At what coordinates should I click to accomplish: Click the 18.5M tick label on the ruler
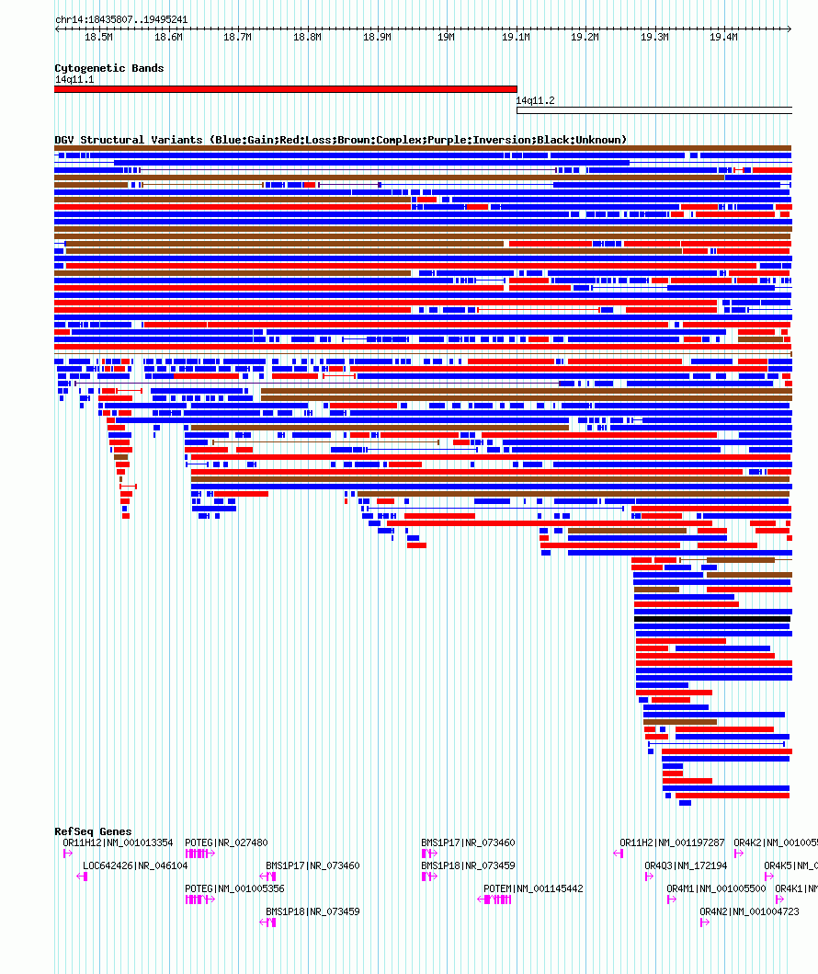(98, 38)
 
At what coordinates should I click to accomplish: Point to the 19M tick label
(446, 38)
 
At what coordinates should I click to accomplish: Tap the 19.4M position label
(723, 38)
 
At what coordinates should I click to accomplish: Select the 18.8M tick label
(307, 38)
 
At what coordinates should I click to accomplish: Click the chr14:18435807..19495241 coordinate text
(121, 19)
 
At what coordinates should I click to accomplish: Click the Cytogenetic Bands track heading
(108, 68)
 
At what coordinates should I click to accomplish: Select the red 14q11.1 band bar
(285, 89)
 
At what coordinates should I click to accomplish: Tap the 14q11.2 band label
(535, 100)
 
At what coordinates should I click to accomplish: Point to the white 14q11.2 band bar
(653, 110)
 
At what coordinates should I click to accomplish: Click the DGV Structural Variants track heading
(340, 140)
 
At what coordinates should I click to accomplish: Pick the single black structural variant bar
(712, 619)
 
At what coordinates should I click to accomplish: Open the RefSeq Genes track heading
(93, 831)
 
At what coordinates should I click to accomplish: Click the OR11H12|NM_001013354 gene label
(118, 842)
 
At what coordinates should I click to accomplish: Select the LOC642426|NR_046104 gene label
(135, 865)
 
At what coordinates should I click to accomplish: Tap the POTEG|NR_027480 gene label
(226, 842)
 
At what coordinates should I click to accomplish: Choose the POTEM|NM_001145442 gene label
(533, 888)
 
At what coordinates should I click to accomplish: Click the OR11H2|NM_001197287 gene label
(672, 842)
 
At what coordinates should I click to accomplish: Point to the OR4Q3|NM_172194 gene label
(686, 865)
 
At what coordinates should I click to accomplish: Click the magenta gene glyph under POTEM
(496, 900)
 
